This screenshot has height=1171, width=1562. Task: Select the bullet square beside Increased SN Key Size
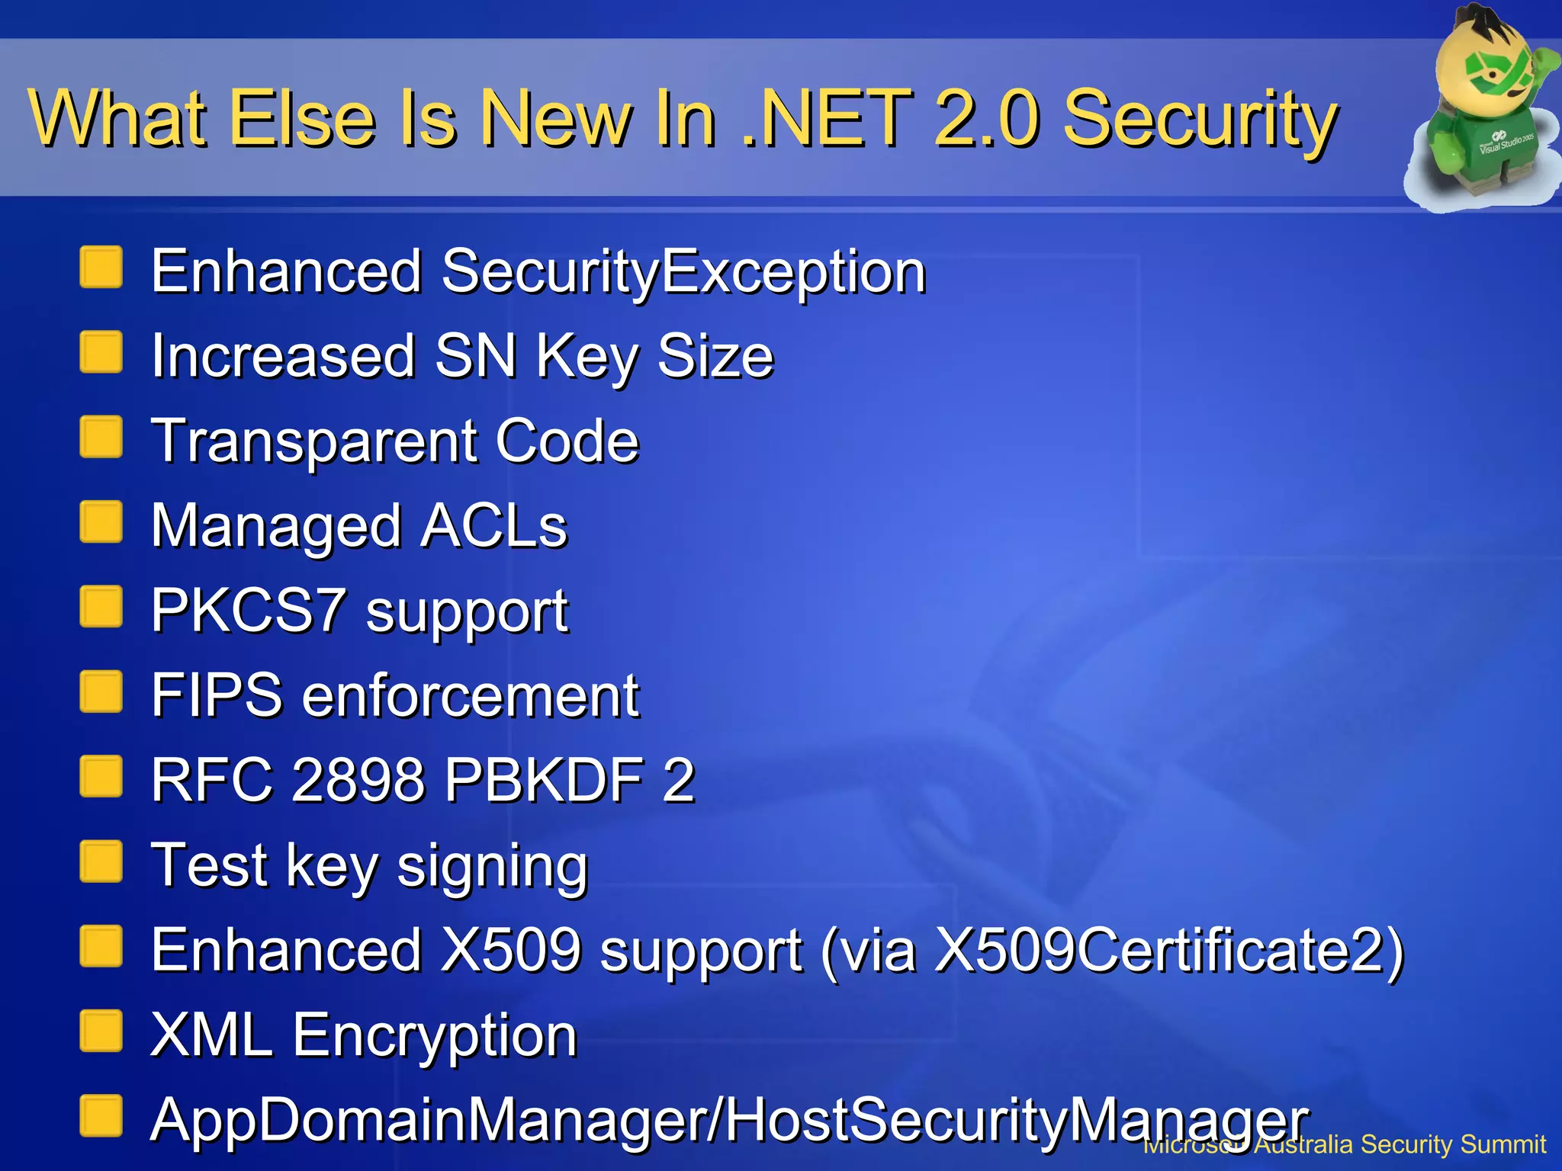pos(101,352)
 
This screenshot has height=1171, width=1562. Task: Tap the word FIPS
pos(217,695)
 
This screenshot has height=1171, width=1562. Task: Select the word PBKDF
pos(544,780)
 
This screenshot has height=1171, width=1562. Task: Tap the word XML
pos(211,1035)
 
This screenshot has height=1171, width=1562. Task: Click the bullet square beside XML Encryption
pos(101,1031)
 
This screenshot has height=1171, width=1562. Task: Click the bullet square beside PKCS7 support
pos(101,607)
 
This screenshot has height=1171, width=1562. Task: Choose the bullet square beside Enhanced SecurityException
pos(101,268)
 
